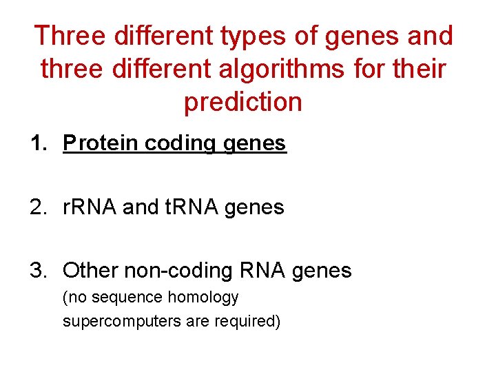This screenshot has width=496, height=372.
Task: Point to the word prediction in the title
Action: pos(242,102)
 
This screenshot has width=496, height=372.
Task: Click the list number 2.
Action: pos(37,207)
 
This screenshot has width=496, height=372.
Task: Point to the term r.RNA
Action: pos(90,207)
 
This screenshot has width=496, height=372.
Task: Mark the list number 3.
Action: pos(37,270)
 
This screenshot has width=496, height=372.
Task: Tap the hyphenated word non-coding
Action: pos(178,271)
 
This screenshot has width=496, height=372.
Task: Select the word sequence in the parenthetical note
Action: pos(122,298)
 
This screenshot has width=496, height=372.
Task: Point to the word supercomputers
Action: pos(114,321)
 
